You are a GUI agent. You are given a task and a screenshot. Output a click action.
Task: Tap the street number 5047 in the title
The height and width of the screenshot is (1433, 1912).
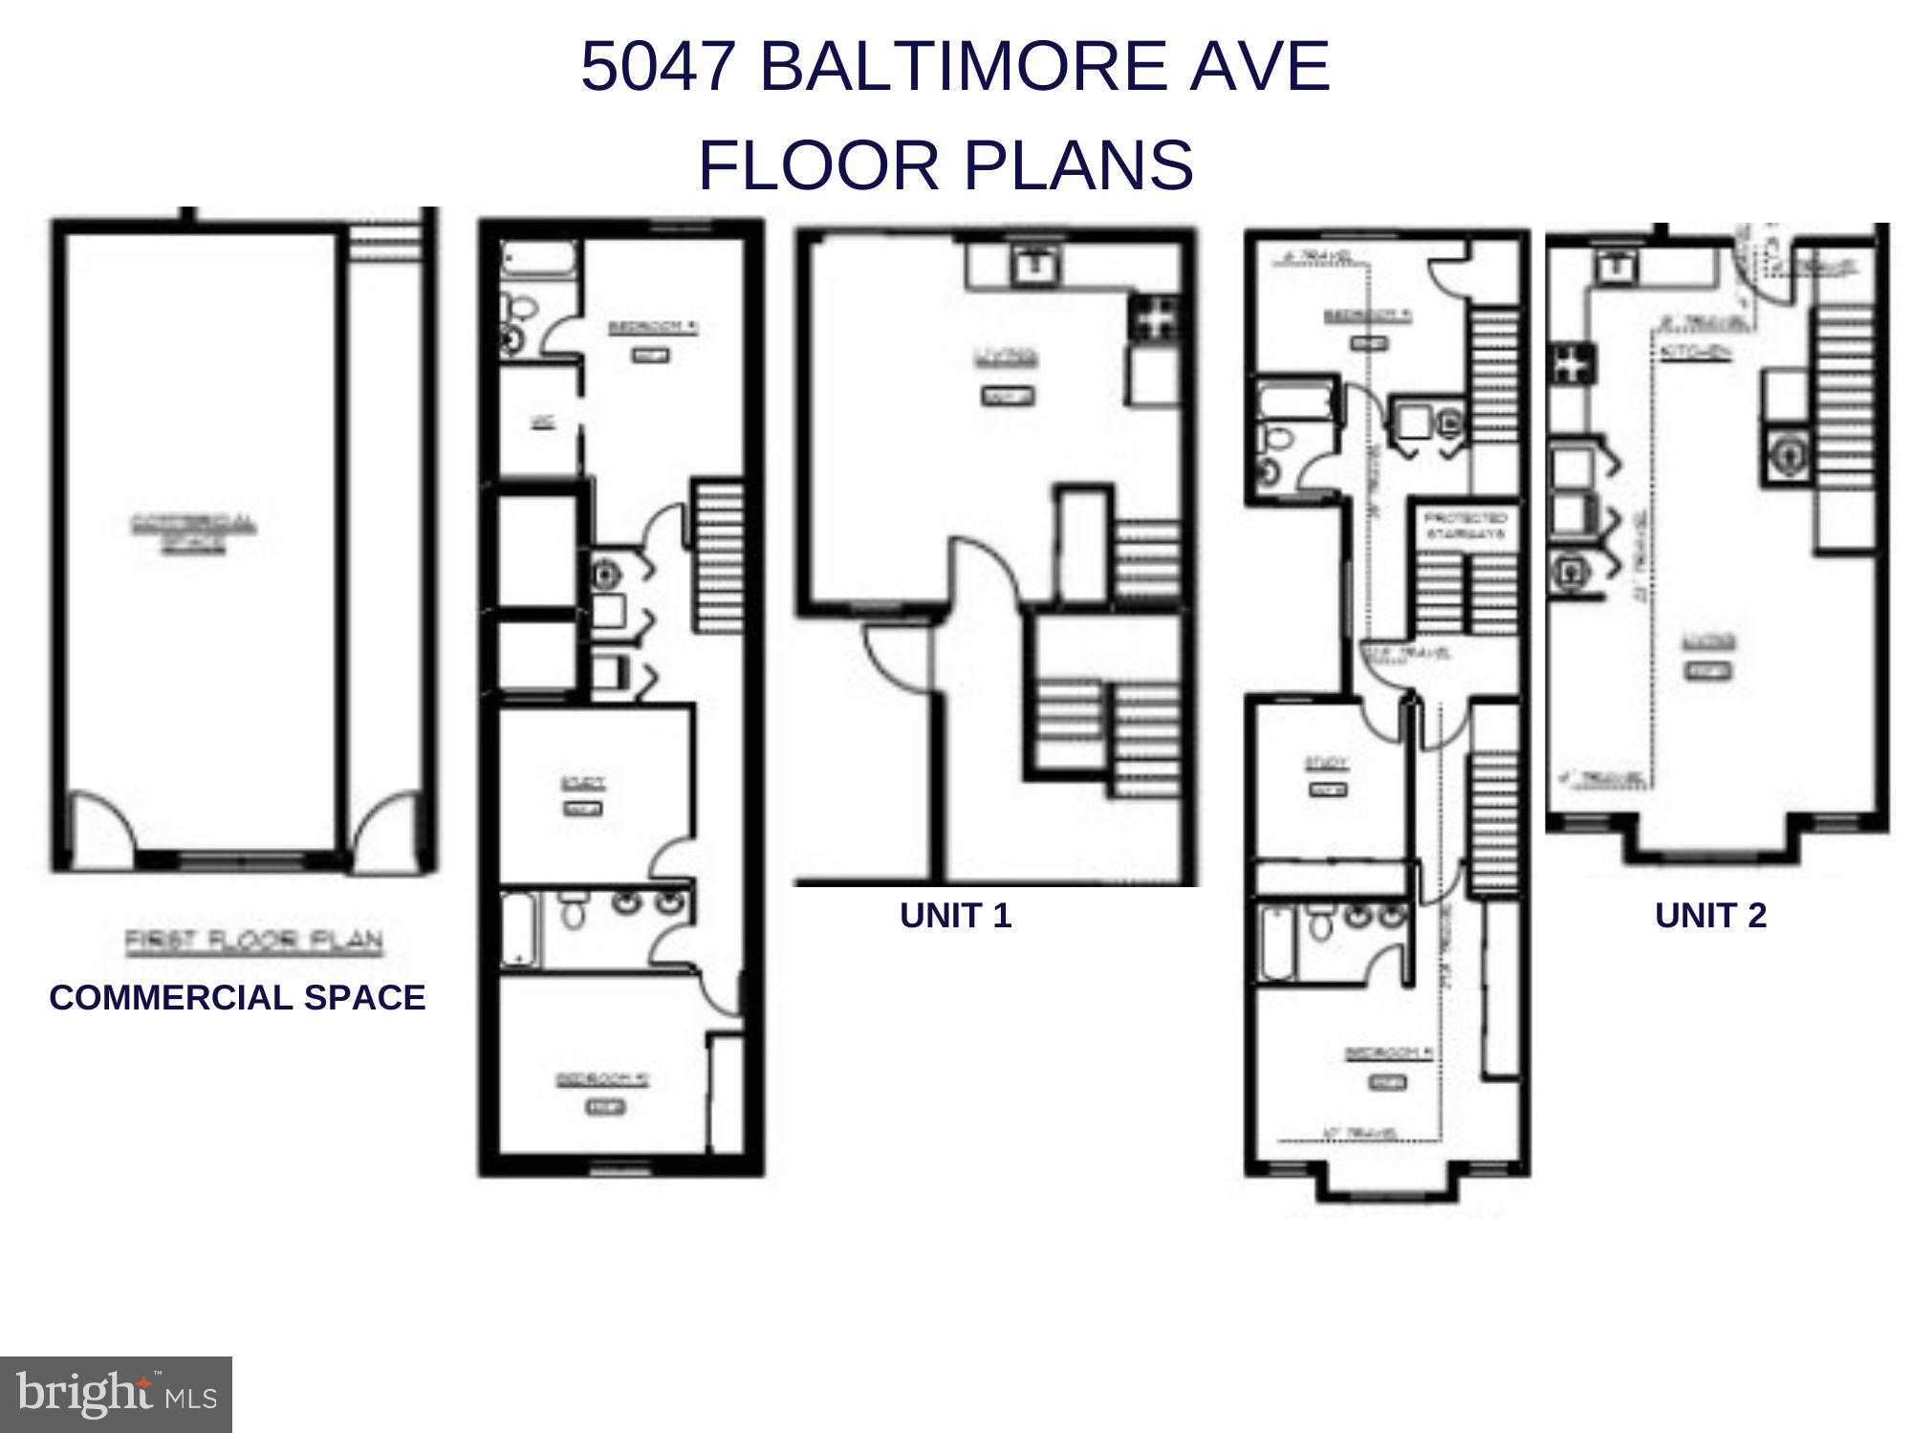[660, 67]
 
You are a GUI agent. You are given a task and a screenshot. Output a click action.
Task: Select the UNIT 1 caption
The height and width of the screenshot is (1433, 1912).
[955, 916]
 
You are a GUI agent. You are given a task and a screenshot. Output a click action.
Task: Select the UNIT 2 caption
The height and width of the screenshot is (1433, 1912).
[1710, 916]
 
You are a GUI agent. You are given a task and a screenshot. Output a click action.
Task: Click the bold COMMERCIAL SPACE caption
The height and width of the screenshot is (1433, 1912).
[237, 998]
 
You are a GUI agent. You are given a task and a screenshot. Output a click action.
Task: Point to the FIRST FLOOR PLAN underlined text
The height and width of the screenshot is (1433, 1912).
[253, 942]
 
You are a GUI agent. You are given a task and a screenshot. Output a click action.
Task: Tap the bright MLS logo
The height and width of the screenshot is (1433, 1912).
[115, 1395]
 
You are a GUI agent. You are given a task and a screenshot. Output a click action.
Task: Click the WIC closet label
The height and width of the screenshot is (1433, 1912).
[540, 422]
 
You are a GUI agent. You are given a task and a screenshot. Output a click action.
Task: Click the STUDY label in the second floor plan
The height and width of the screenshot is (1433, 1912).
[582, 784]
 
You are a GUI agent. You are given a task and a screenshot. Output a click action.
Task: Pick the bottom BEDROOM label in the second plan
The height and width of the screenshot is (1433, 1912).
[603, 1079]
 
